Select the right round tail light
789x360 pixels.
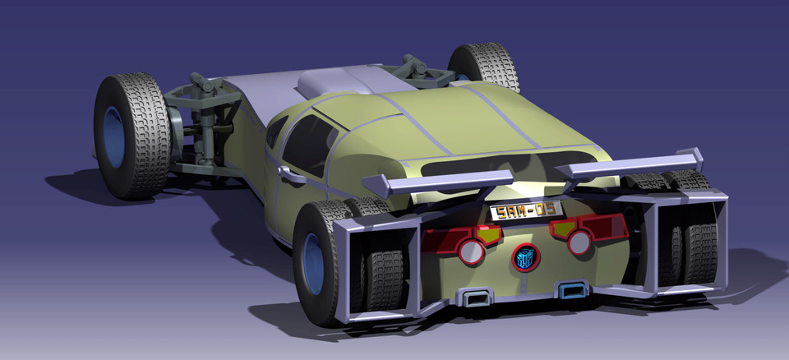click(x=579, y=242)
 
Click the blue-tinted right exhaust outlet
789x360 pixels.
click(x=570, y=289)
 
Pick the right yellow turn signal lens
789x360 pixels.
click(x=562, y=228)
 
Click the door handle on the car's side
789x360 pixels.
click(x=290, y=175)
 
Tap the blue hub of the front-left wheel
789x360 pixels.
click(x=114, y=136)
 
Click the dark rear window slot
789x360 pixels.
click(x=501, y=168)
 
